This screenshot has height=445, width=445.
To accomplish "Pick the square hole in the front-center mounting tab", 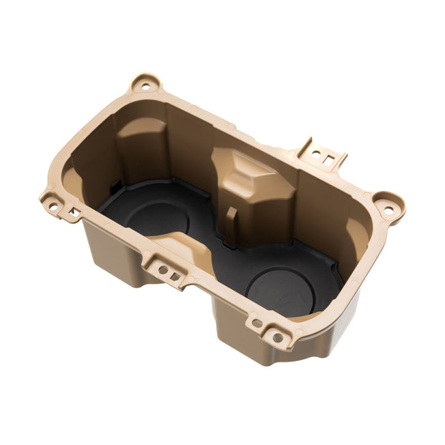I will (x=175, y=276).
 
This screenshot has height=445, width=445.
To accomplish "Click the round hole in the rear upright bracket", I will (x=315, y=153).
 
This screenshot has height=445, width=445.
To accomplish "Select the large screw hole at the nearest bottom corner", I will (x=278, y=336).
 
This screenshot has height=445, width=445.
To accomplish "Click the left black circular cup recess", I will (x=156, y=217).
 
